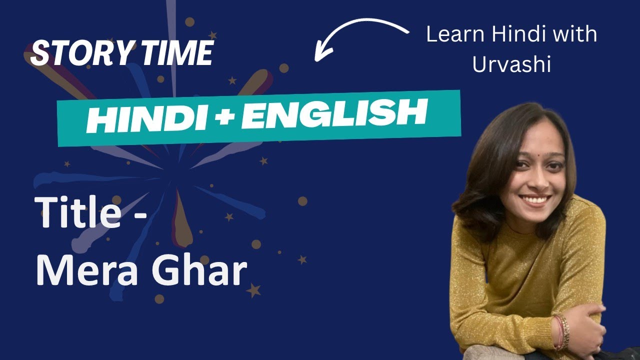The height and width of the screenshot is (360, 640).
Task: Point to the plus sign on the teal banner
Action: [x=223, y=117]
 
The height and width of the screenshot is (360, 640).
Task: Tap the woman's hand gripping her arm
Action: [x=592, y=327]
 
